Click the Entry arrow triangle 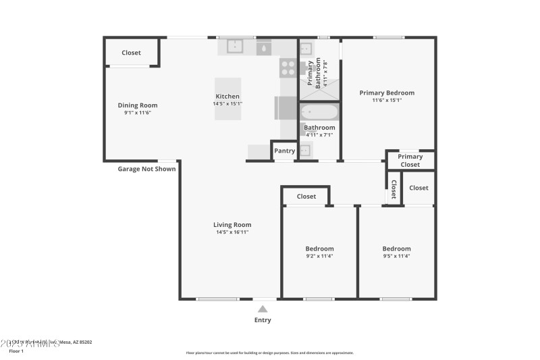coord(263,309)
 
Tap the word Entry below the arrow coord(263,320)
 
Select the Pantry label coord(284,151)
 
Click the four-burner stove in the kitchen coord(288,68)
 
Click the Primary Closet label coord(410,160)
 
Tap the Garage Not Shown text coord(146,169)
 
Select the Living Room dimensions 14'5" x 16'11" coord(233,232)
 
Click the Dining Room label coord(138,105)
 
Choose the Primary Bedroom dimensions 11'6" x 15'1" coord(387,101)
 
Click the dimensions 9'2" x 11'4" coord(319,256)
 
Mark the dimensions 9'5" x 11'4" coord(396,256)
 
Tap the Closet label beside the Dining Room coord(131,53)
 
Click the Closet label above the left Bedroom coord(306,197)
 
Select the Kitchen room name coord(227,97)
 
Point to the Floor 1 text coord(16,351)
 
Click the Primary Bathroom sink coord(306,49)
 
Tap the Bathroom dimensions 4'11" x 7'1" coord(319,135)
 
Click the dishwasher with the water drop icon coord(263,47)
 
